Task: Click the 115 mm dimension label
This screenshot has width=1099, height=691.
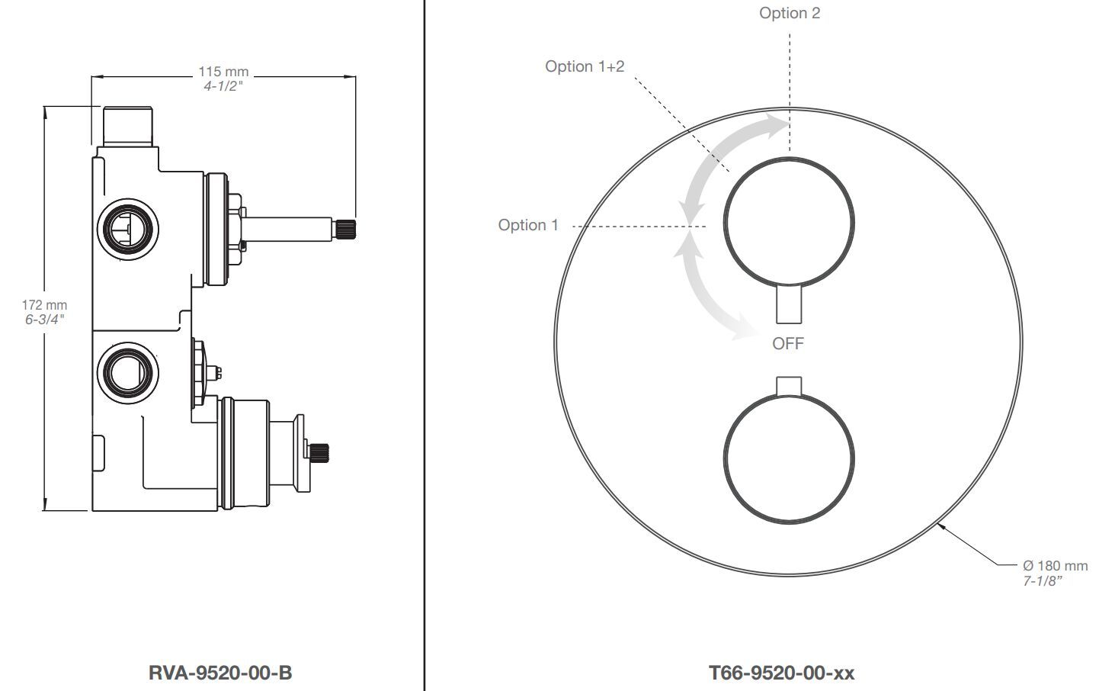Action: [x=223, y=72]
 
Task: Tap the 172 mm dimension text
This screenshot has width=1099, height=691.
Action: [x=44, y=305]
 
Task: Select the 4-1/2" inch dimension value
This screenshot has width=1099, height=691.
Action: [x=223, y=86]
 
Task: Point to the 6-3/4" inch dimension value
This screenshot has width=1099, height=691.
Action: [x=44, y=320]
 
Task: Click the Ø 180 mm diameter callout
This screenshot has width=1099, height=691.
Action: [x=1055, y=566]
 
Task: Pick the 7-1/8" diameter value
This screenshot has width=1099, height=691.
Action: [x=1042, y=581]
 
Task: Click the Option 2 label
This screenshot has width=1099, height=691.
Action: [x=790, y=13]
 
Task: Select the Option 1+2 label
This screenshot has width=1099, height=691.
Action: [x=585, y=66]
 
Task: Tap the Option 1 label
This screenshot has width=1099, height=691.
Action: [x=528, y=225]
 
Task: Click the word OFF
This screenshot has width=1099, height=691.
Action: [x=788, y=343]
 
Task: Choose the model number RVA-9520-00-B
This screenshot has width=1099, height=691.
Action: [x=219, y=673]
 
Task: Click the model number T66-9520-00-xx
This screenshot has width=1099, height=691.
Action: [x=781, y=673]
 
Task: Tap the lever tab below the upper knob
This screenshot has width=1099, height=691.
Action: [x=789, y=304]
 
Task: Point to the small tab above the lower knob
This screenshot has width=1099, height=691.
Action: [x=789, y=386]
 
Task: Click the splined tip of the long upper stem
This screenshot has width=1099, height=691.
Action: [x=344, y=230]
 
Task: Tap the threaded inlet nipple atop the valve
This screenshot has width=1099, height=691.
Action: [x=128, y=126]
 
